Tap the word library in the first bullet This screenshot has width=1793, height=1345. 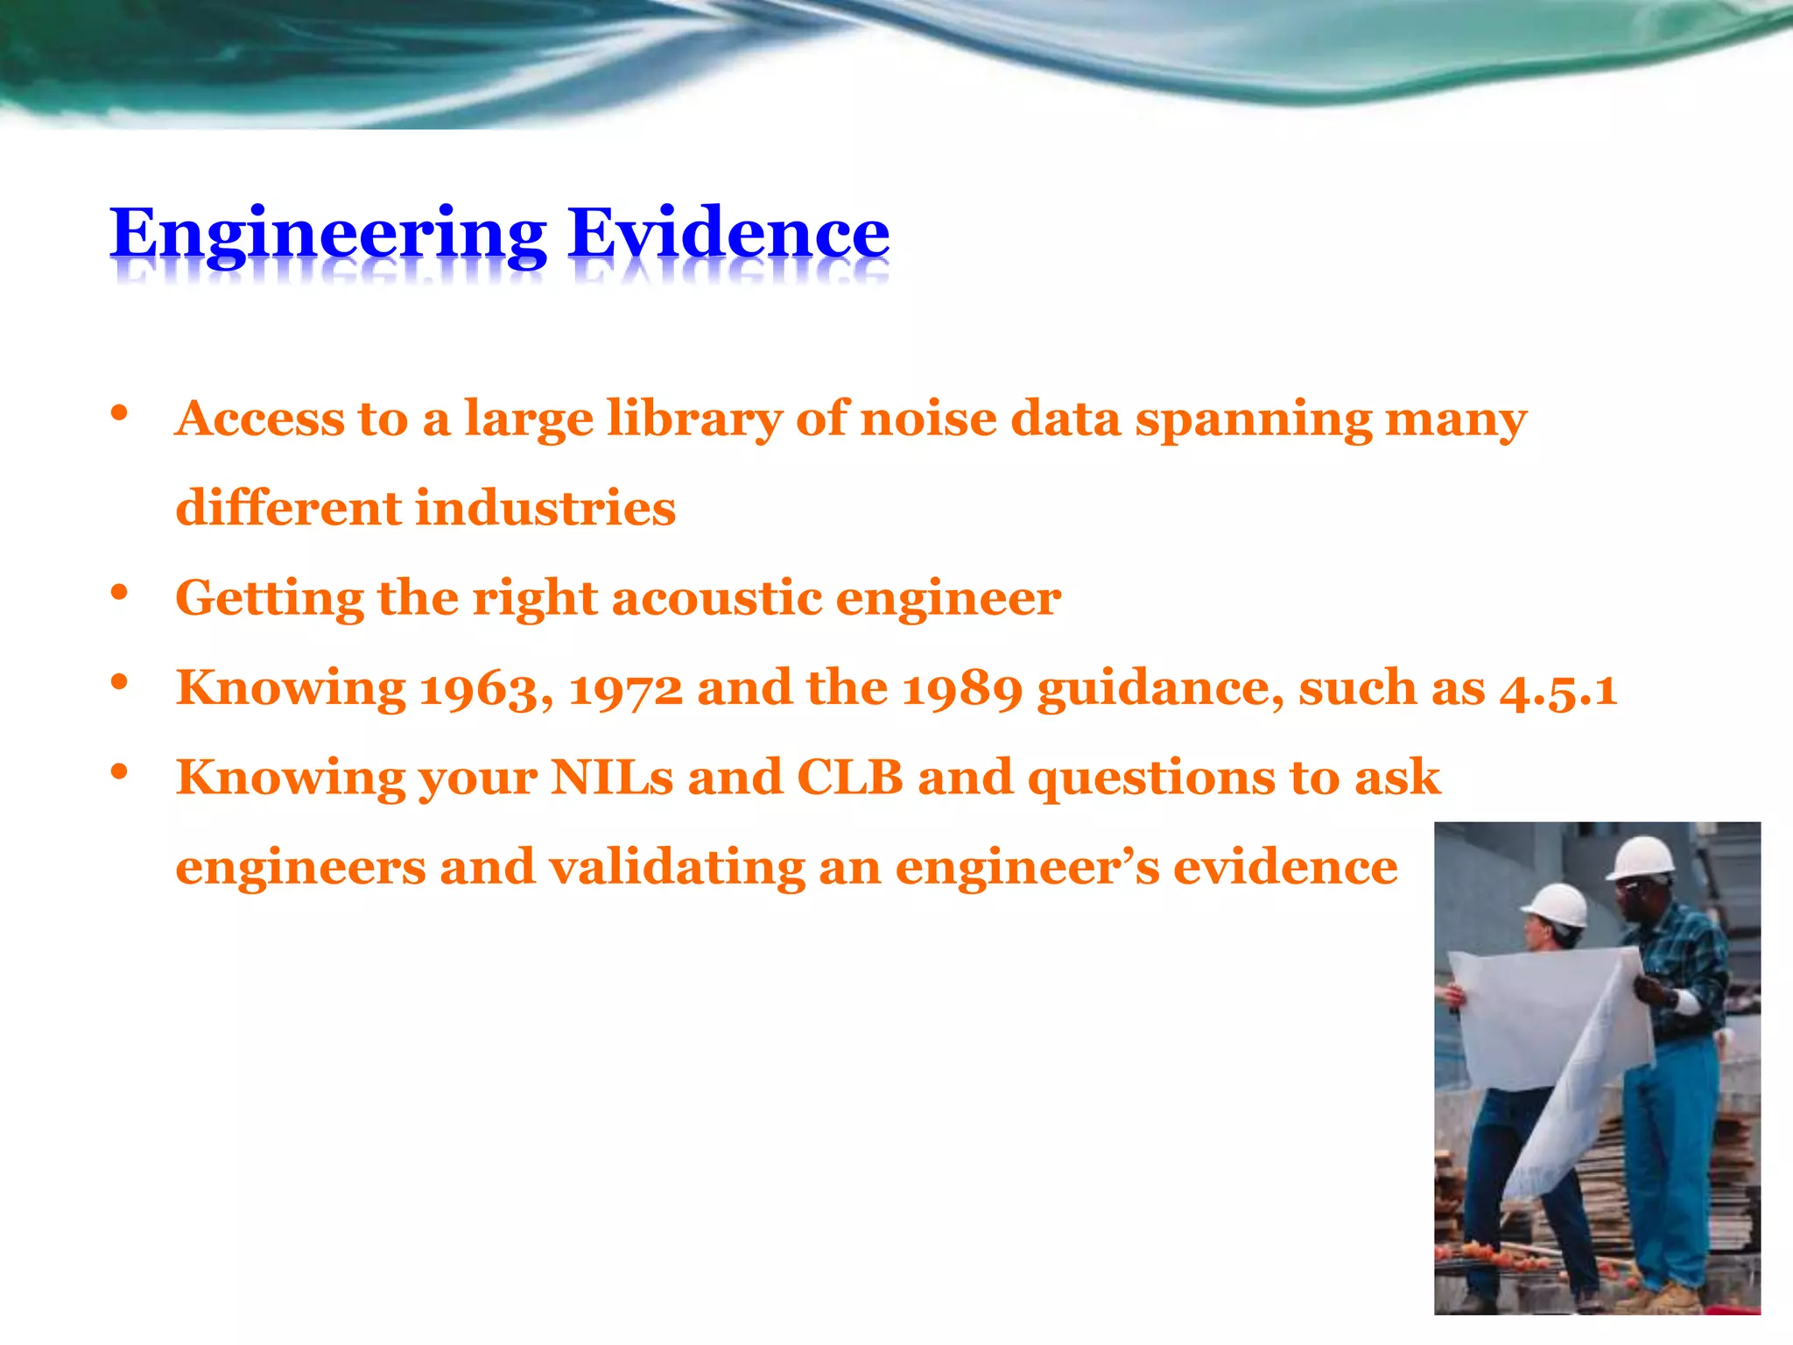tap(693, 419)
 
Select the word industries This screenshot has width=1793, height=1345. tap(545, 509)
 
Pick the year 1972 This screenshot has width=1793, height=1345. tap(625, 688)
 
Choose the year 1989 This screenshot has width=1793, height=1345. tap(961, 688)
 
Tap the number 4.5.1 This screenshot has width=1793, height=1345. tap(1557, 688)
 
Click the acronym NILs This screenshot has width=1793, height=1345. tap(611, 778)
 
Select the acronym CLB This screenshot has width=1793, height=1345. tap(849, 778)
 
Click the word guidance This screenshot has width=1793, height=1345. tap(1161, 690)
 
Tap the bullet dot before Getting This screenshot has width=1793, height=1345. tap(120, 593)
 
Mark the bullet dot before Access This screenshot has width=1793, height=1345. tap(120, 413)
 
